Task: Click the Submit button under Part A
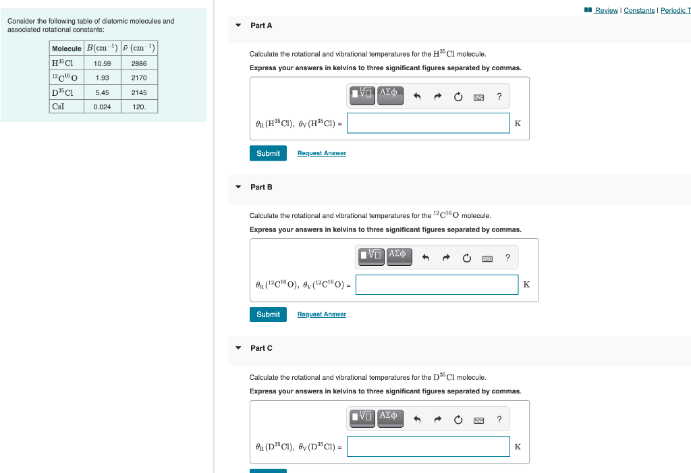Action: (x=268, y=153)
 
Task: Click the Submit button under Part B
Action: (x=268, y=314)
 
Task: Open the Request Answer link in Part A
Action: (x=321, y=153)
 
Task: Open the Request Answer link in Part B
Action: (x=321, y=314)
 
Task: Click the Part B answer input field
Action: (x=437, y=285)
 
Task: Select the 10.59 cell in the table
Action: (x=103, y=63)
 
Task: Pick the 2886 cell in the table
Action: (x=139, y=63)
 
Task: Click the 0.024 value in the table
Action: (x=103, y=107)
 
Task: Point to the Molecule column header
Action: (x=67, y=49)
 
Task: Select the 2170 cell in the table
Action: (x=139, y=78)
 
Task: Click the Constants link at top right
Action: (x=638, y=10)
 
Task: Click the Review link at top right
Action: (x=606, y=10)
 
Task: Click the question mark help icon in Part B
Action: (x=507, y=258)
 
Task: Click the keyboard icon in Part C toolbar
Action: (x=478, y=420)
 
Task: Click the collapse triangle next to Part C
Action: (x=238, y=348)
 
